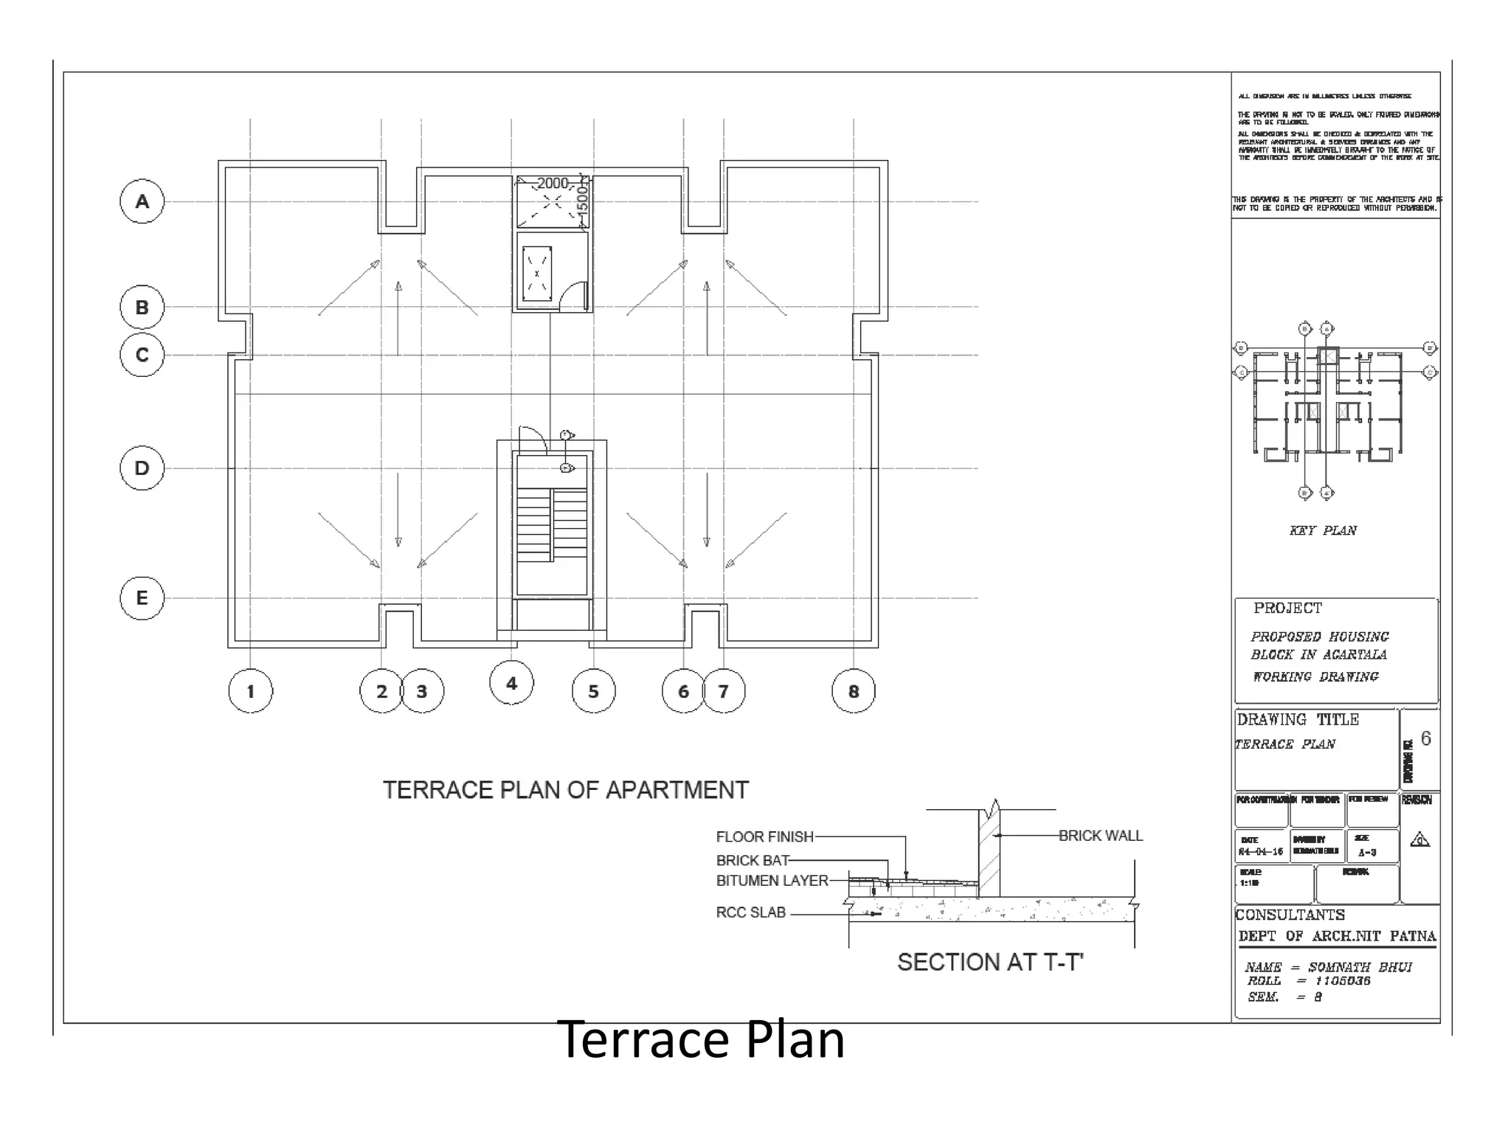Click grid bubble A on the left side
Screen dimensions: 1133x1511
(142, 201)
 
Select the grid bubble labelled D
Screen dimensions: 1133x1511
(142, 468)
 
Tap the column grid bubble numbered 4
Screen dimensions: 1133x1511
(511, 683)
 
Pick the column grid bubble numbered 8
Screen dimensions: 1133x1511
(854, 691)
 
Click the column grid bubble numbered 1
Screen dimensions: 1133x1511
(250, 691)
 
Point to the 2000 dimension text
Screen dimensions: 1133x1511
(553, 183)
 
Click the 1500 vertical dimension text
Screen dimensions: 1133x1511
(581, 199)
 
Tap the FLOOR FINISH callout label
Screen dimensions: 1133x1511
(764, 836)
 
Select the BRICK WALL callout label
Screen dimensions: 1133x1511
(1100, 836)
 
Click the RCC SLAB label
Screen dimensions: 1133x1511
(750, 912)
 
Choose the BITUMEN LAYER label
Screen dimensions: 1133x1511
(772, 881)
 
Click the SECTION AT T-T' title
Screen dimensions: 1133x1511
(990, 962)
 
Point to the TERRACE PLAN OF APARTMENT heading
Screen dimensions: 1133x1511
(565, 790)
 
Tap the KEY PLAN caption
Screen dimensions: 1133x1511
(1323, 530)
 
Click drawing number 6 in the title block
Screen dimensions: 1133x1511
(1425, 738)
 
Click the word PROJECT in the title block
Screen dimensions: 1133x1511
(1287, 609)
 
